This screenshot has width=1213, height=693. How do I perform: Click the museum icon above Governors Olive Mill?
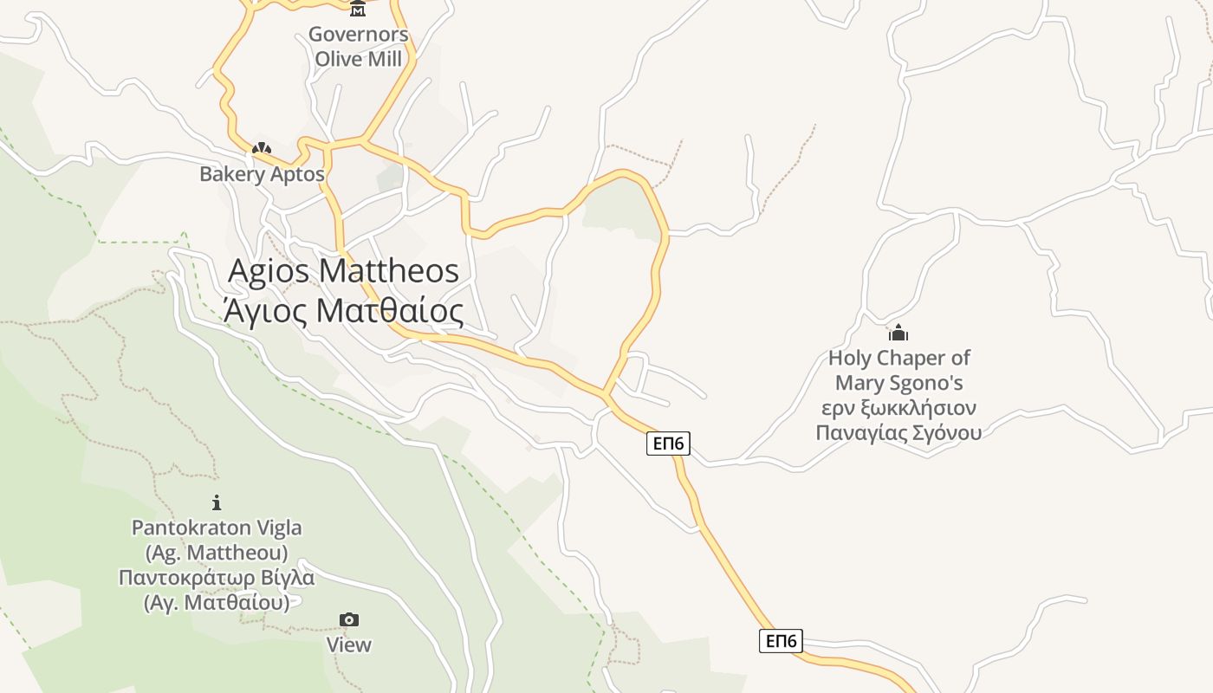click(358, 9)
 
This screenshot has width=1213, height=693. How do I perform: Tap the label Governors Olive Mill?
click(358, 47)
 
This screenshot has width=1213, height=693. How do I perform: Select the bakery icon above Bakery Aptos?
click(262, 149)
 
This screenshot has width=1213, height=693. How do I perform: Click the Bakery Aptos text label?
click(262, 173)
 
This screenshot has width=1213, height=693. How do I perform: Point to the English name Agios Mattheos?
click(343, 270)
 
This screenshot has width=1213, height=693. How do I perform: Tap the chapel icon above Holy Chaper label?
click(898, 333)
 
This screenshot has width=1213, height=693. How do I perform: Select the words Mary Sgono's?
click(898, 383)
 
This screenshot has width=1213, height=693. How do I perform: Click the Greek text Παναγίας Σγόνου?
click(898, 432)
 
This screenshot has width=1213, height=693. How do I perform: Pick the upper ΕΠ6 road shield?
click(668, 444)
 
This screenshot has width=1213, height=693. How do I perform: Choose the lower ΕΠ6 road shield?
click(781, 641)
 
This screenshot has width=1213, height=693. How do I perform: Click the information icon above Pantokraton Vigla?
click(217, 502)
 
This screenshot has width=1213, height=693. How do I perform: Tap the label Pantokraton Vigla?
click(217, 527)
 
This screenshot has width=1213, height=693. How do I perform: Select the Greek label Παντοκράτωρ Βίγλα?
click(217, 577)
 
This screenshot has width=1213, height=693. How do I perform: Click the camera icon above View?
click(348, 619)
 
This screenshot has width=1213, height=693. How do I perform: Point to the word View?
click(348, 644)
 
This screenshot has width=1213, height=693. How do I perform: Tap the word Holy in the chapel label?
click(847, 358)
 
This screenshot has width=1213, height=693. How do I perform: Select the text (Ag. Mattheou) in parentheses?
click(217, 552)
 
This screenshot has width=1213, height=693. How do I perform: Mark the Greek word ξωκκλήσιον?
click(918, 408)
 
